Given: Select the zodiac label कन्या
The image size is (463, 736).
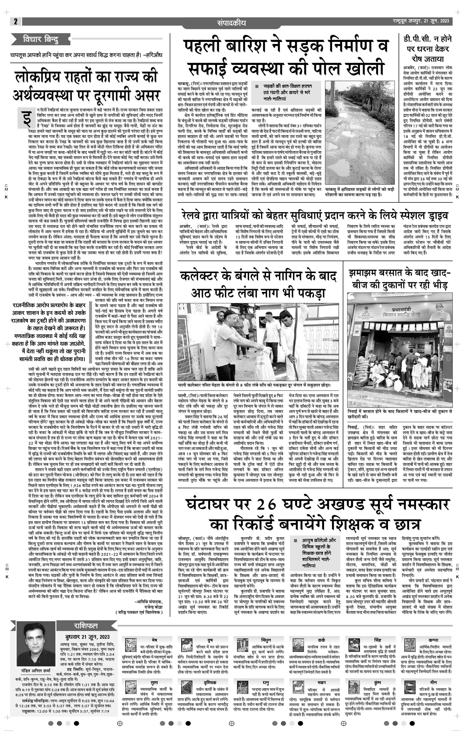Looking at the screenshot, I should click(433, 640).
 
